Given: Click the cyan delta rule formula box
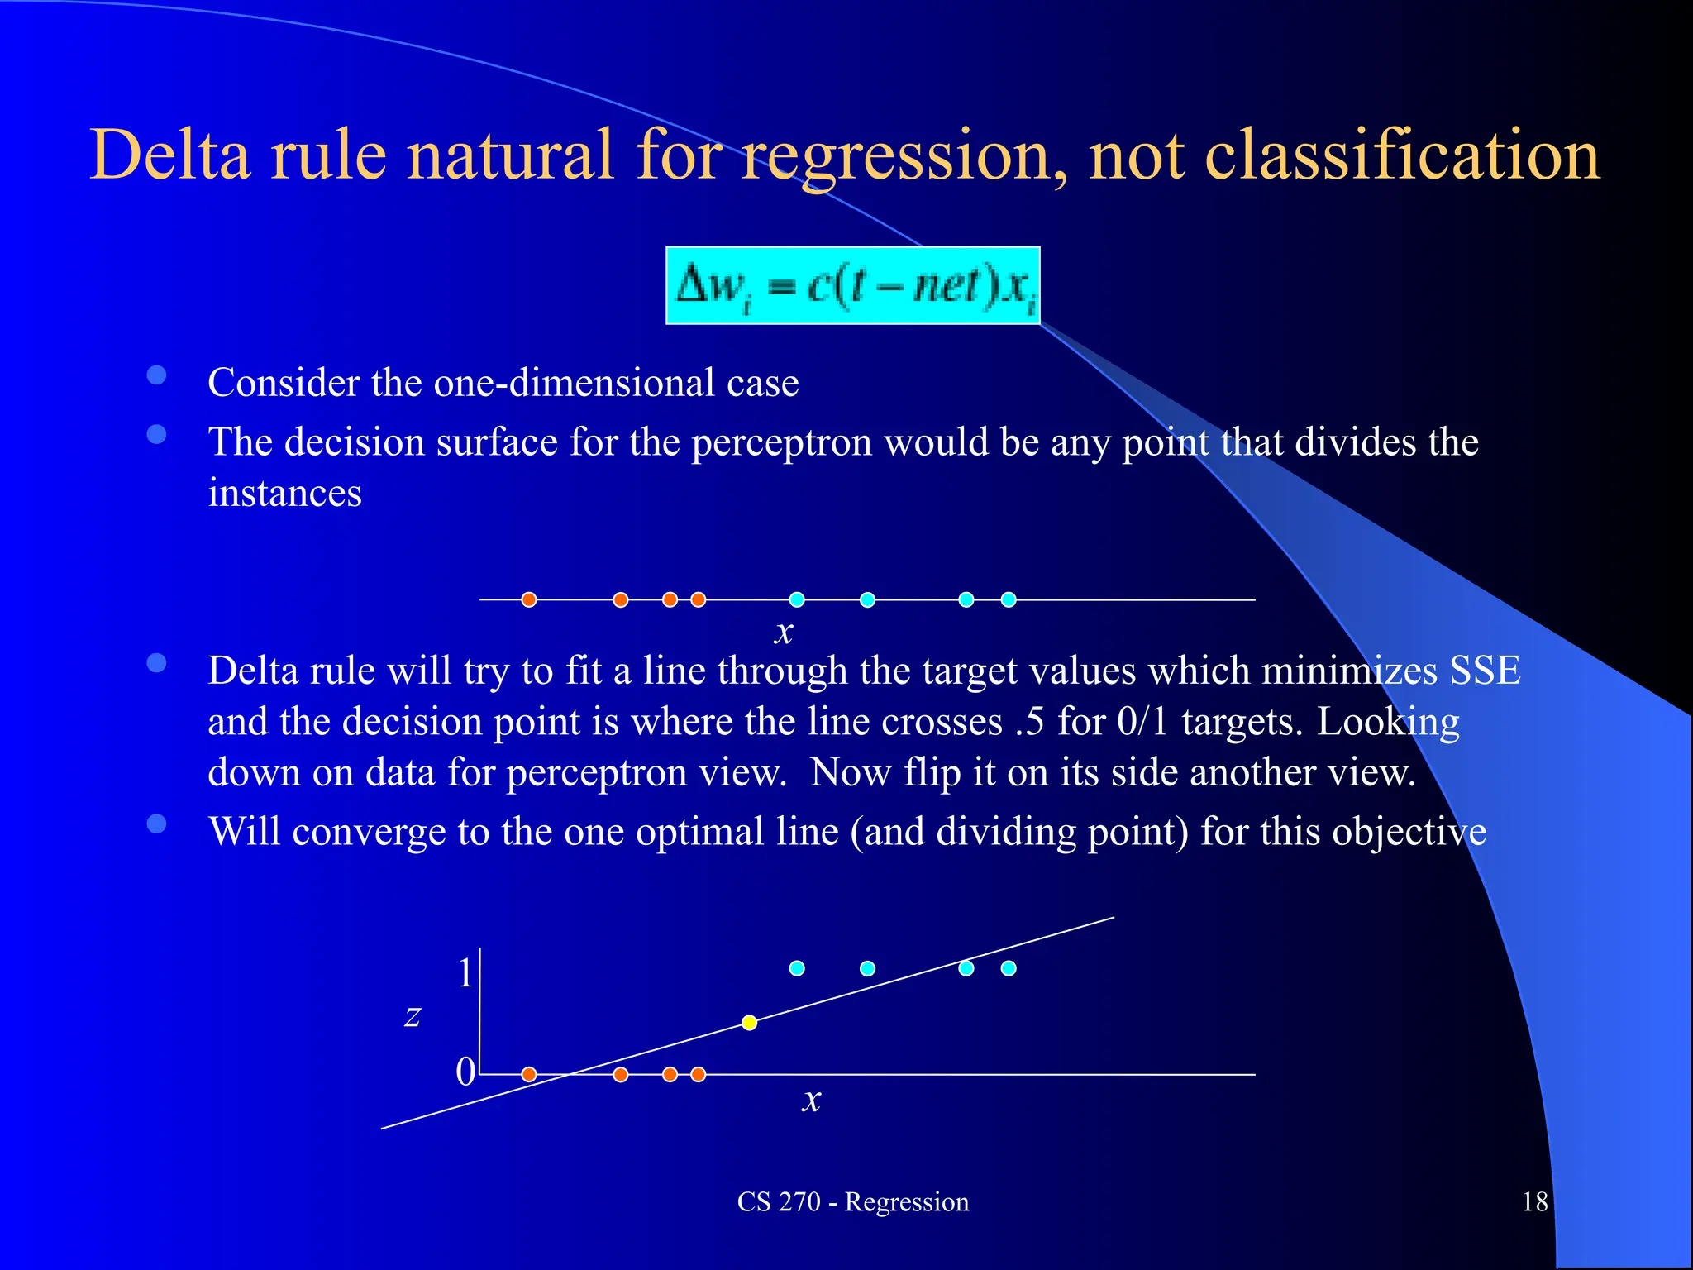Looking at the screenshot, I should click(x=852, y=285).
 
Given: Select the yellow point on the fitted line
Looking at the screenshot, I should click(x=749, y=1023).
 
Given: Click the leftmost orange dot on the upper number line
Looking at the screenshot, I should click(x=529, y=599).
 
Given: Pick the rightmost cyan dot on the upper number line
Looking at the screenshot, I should click(x=1009, y=599).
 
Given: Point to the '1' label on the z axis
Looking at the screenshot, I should click(x=465, y=972).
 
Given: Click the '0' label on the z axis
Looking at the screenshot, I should click(x=465, y=1072).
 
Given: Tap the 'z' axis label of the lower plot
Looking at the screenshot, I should click(x=413, y=1015).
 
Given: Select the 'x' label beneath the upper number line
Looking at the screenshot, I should click(x=784, y=633).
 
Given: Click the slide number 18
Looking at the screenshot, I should click(x=1535, y=1201).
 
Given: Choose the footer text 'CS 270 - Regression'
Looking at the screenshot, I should click(x=852, y=1201).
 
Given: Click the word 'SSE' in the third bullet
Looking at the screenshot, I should click(x=1485, y=671).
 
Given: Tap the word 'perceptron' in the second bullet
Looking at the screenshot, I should click(x=781, y=442).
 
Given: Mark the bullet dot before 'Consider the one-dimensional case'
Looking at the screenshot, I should click(x=157, y=376).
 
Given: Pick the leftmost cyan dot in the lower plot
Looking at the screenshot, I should click(x=797, y=968).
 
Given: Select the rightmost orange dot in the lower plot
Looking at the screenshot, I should click(x=699, y=1074).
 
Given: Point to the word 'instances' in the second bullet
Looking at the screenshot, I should click(x=284, y=494).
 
